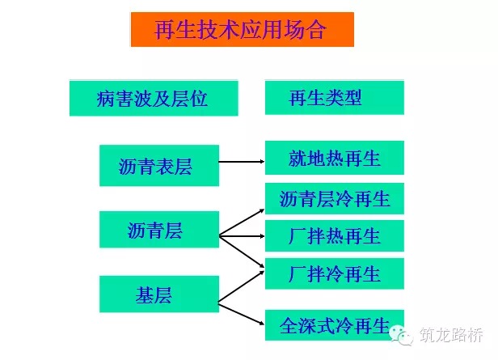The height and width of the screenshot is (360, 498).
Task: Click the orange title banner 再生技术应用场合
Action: (x=243, y=30)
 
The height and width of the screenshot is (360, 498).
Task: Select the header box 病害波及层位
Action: (x=154, y=98)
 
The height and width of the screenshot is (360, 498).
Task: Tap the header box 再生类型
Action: (x=335, y=98)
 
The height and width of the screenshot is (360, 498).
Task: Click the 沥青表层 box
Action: (x=159, y=166)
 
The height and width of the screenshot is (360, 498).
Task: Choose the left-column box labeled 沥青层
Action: (x=159, y=230)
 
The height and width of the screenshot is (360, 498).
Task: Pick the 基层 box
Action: (x=159, y=294)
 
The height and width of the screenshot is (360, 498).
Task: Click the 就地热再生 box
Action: (x=335, y=158)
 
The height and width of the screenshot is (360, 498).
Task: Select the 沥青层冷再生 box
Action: (x=335, y=198)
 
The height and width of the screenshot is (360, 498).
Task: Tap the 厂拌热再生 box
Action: (x=335, y=235)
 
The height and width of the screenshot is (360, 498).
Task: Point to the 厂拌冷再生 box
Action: (x=335, y=273)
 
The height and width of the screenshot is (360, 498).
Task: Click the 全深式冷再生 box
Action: (x=335, y=325)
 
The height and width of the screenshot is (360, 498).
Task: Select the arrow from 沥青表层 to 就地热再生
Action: (x=242, y=162)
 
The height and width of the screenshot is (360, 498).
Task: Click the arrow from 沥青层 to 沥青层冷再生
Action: (x=242, y=222)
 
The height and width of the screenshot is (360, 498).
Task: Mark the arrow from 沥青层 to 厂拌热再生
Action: (x=242, y=236)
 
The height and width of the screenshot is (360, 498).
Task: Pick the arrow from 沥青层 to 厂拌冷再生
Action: (x=242, y=252)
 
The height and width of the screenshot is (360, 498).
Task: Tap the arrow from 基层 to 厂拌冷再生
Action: (x=242, y=286)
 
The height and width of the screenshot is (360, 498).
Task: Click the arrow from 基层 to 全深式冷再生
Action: (x=242, y=314)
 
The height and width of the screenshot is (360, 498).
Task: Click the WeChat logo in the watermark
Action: (x=402, y=335)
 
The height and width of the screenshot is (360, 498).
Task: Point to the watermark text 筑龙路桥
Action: (x=451, y=335)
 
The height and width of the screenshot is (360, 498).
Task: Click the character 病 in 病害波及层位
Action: (x=106, y=99)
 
